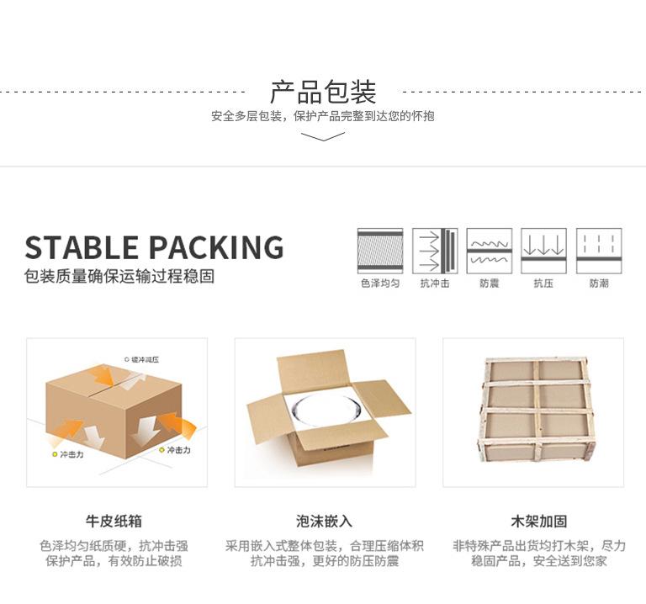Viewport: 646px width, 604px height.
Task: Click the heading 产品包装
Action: click(323, 91)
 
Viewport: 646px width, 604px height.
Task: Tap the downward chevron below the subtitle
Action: click(323, 135)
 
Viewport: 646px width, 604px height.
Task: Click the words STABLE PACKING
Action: click(154, 248)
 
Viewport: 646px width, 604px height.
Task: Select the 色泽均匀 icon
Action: click(380, 250)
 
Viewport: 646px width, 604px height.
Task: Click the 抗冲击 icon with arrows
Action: click(436, 250)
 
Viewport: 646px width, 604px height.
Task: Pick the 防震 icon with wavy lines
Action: click(490, 250)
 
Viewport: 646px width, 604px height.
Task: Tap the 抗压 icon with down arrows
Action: click(543, 250)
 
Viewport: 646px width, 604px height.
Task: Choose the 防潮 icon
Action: click(599, 250)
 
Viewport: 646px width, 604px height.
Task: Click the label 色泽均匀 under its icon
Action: click(380, 283)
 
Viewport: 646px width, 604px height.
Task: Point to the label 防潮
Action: click(599, 283)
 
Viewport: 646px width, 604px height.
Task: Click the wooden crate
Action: click(533, 410)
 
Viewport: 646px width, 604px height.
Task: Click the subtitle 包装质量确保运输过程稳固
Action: click(119, 277)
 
